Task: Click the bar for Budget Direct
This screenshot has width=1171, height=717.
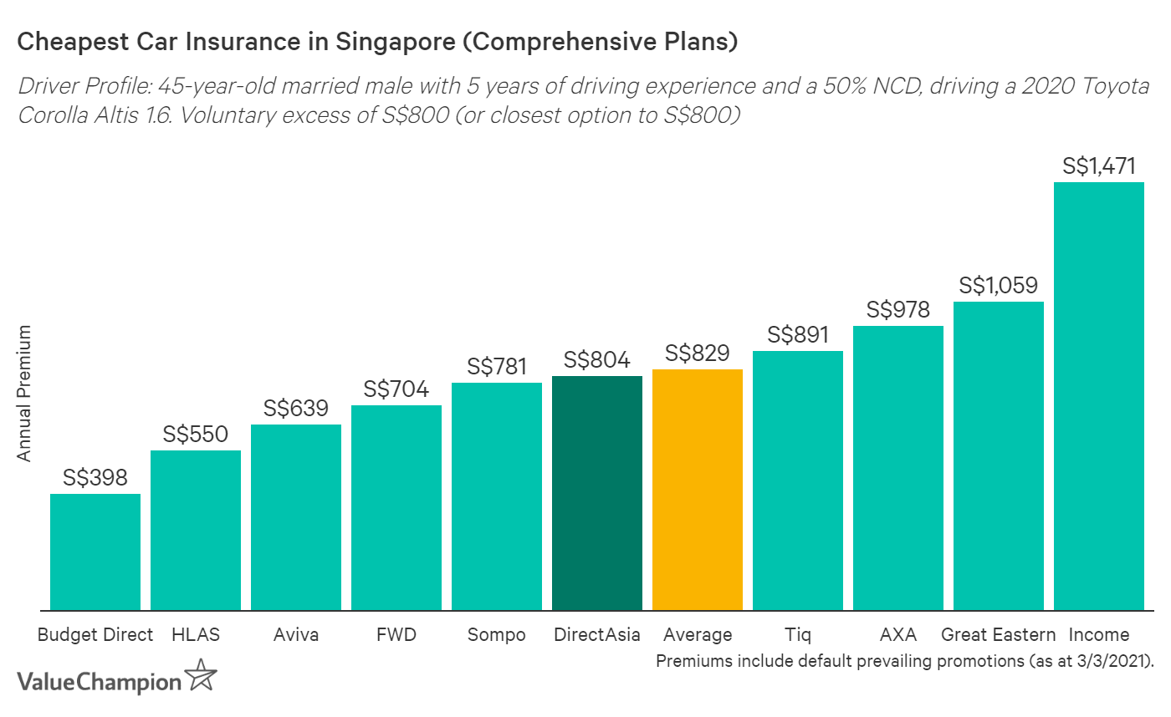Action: (x=95, y=552)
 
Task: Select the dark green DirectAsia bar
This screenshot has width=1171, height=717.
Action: (x=597, y=493)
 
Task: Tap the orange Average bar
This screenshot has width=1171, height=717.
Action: (x=698, y=490)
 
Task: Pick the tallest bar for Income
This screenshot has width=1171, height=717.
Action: (x=1099, y=396)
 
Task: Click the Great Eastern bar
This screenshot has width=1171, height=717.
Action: (x=999, y=455)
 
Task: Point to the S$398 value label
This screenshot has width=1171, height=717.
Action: (x=95, y=478)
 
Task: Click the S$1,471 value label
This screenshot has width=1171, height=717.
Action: (x=1099, y=166)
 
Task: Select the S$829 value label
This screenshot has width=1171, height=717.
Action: (x=698, y=353)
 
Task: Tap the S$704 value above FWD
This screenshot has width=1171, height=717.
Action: (x=396, y=389)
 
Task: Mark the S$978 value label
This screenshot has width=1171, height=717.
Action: (x=898, y=310)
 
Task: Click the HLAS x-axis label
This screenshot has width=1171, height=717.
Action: (x=195, y=634)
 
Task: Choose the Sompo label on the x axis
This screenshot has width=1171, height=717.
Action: (x=497, y=635)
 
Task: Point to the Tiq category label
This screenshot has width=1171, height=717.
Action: (x=798, y=635)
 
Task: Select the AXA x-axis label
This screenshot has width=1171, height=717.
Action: (x=898, y=634)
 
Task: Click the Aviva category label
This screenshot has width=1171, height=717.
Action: (x=296, y=634)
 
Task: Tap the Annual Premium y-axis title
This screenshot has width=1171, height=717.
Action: (x=24, y=393)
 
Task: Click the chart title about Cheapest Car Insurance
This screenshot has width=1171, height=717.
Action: (x=377, y=43)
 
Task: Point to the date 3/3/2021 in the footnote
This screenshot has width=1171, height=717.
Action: (x=1111, y=660)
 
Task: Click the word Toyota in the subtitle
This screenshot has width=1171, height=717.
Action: (x=1119, y=87)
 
